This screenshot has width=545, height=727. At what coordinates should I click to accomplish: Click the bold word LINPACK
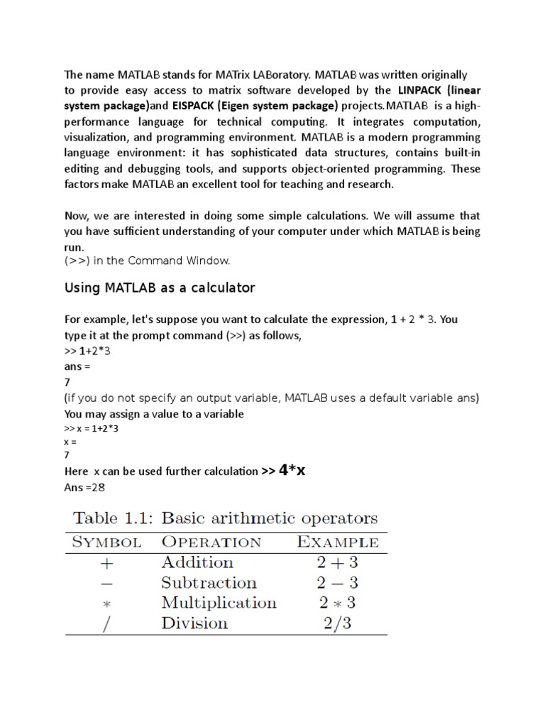coord(424,90)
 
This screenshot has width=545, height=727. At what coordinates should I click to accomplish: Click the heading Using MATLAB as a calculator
coord(160,288)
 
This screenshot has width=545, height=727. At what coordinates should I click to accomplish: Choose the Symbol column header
coord(104,542)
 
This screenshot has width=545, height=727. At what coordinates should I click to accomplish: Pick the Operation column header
coord(211,542)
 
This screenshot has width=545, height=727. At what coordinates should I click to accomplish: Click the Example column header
coord(337,542)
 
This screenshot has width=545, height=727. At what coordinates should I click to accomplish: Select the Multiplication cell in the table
coord(219,603)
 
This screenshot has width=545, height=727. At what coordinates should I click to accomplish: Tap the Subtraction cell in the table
coord(209,583)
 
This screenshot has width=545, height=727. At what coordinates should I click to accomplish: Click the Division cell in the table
coord(195,623)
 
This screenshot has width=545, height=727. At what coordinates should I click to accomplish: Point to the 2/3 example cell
coord(336,624)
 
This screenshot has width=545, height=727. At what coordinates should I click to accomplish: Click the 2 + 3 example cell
coord(336,563)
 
